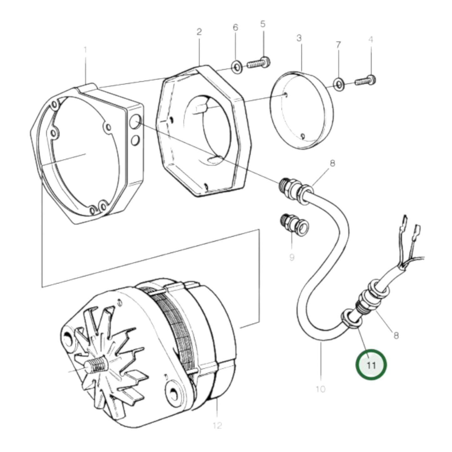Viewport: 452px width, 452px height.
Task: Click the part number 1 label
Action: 85,50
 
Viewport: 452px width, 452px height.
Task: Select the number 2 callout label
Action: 199,32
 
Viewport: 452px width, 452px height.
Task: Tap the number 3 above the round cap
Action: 299,38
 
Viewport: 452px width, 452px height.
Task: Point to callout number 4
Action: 371,40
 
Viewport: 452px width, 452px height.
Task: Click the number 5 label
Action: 263,24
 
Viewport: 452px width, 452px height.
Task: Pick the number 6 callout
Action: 235,28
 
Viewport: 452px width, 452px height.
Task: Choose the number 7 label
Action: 338,45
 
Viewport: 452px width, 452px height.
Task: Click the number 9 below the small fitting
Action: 292,257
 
